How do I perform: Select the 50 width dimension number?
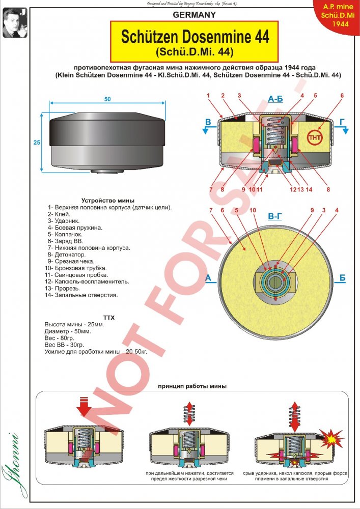(x=107, y=99)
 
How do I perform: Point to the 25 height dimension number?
(x=37, y=143)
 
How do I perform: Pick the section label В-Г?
(x=275, y=216)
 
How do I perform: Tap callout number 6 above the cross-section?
(x=342, y=95)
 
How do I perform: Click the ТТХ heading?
(x=109, y=318)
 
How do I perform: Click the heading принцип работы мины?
(x=191, y=386)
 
